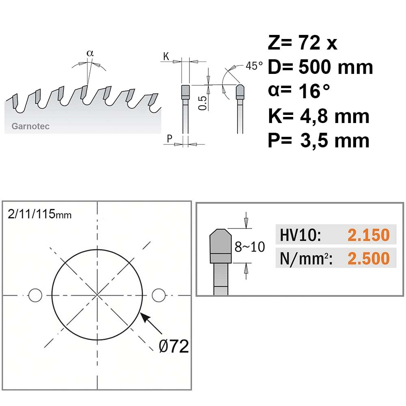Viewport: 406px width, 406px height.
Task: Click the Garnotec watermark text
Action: [x=30, y=126]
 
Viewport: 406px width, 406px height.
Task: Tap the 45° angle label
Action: [x=254, y=66]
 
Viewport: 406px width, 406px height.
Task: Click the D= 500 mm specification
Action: [x=320, y=67]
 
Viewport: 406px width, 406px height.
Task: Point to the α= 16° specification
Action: [x=299, y=91]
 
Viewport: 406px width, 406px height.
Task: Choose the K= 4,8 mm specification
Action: [x=318, y=116]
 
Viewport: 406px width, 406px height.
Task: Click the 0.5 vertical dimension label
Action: [x=203, y=103]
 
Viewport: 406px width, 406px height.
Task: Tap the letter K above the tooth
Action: [x=166, y=56]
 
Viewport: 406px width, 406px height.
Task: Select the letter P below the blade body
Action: [x=169, y=138]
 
